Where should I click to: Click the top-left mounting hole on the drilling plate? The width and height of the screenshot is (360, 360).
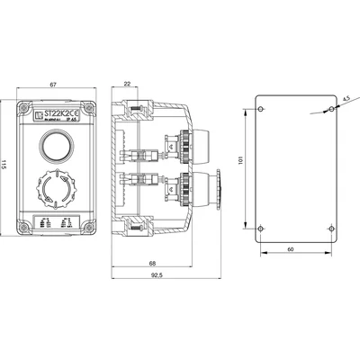(262, 107)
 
